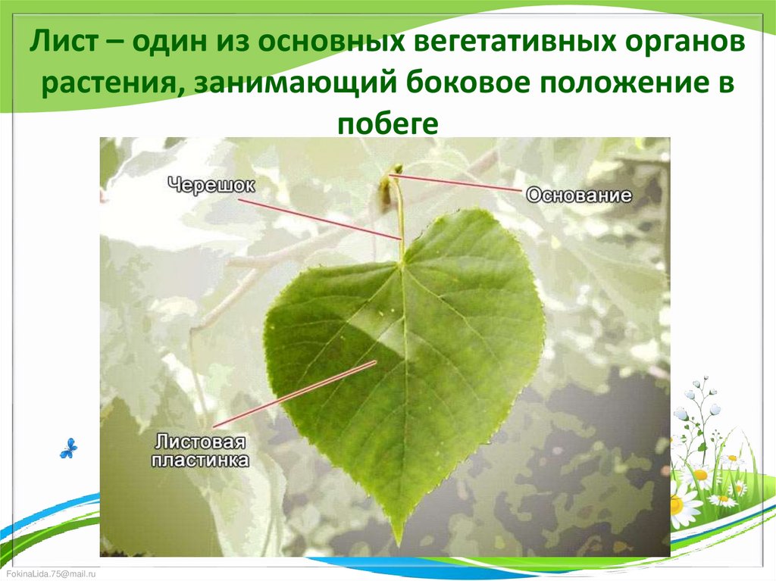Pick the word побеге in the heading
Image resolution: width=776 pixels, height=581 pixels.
[387, 123]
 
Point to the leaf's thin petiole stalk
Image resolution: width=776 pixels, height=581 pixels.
[399, 220]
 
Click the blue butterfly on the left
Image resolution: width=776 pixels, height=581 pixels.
[68, 448]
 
